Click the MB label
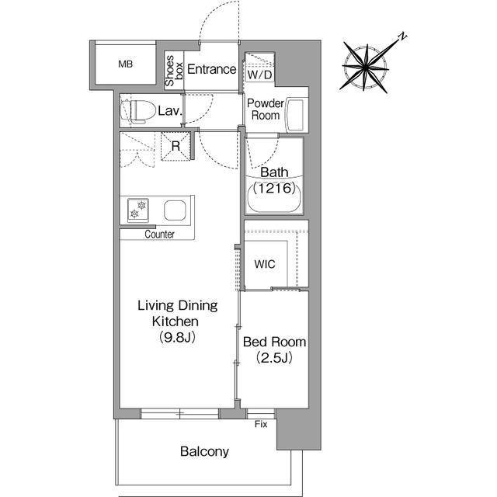point(125,64)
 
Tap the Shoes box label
point(174,71)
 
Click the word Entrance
point(211,69)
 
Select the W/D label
point(259,75)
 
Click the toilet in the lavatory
point(138,112)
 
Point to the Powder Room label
point(266,109)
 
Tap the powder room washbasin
point(295,116)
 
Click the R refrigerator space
point(176,146)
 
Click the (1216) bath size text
point(274,188)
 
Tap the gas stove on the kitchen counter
point(138,210)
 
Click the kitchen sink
point(175,210)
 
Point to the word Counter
point(159,235)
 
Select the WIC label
point(265,264)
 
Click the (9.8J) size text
point(177,337)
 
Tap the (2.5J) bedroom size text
point(274,358)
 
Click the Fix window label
point(261,424)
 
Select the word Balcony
point(204,451)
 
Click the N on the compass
point(402,36)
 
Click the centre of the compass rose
point(366,68)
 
